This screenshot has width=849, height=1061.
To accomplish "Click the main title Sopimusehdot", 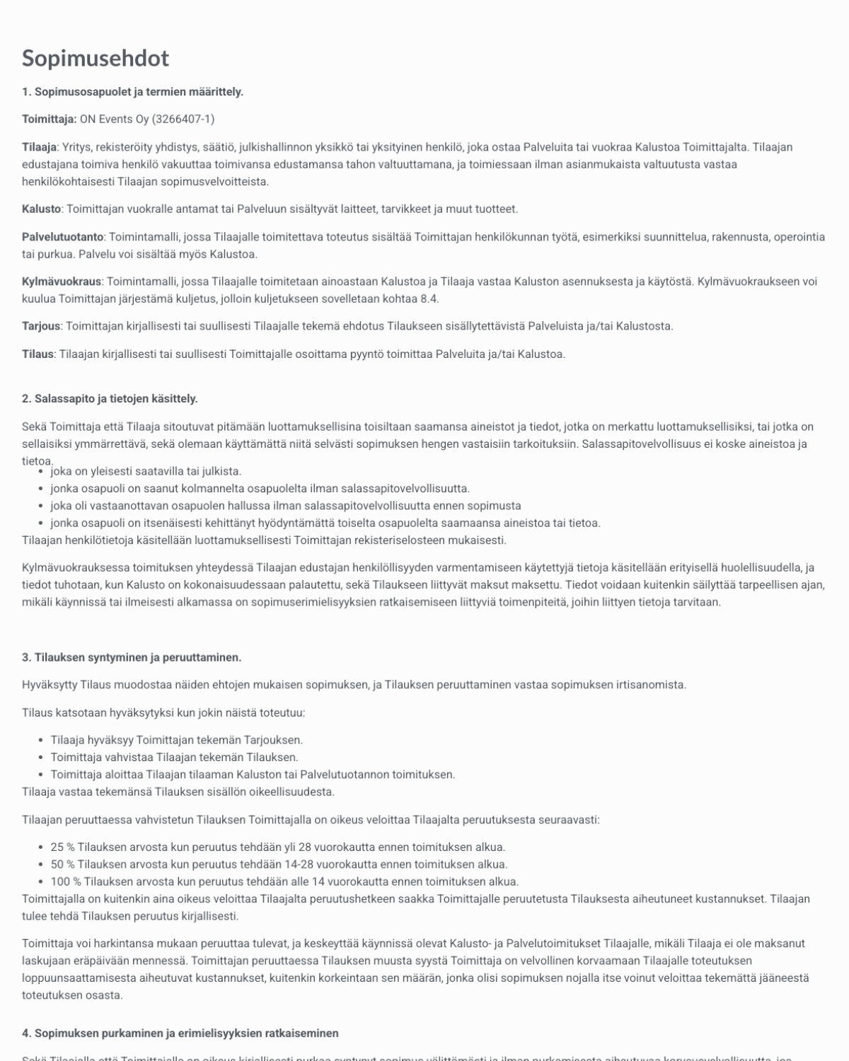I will (96, 58).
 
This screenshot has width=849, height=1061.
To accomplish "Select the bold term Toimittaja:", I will (49, 120).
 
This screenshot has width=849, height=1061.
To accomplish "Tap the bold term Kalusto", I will (41, 209).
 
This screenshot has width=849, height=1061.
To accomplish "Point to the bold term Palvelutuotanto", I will (62, 237).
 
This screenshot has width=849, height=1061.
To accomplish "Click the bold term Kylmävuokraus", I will (62, 282).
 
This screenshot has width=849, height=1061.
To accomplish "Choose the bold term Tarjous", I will (41, 326).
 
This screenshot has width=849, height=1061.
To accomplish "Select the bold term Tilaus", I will (37, 354).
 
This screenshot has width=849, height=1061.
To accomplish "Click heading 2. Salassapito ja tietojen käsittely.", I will (110, 399).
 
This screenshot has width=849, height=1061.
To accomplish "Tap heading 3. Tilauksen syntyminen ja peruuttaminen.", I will (132, 658).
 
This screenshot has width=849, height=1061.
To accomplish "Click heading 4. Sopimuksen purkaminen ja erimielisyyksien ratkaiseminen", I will (180, 1033).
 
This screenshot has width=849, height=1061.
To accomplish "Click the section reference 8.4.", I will (429, 298).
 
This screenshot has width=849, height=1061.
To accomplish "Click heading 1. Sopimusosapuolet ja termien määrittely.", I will (132, 92).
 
